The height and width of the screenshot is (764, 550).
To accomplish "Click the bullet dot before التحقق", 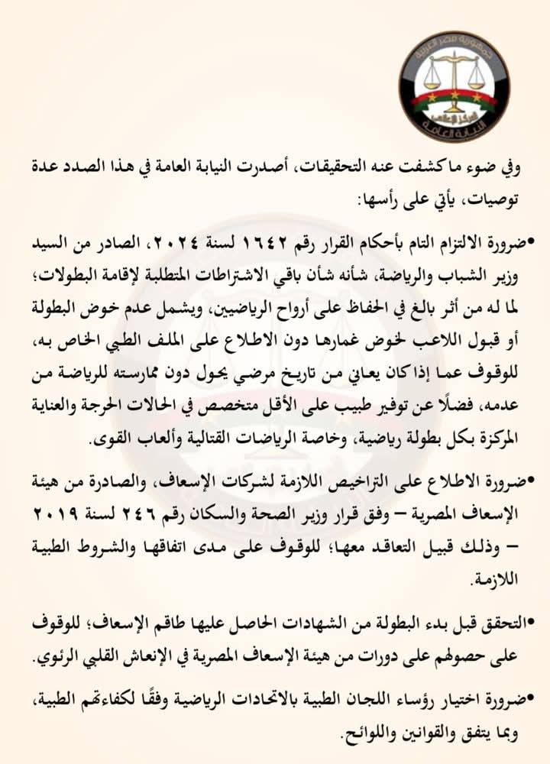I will pyautogui.click(x=532, y=623).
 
